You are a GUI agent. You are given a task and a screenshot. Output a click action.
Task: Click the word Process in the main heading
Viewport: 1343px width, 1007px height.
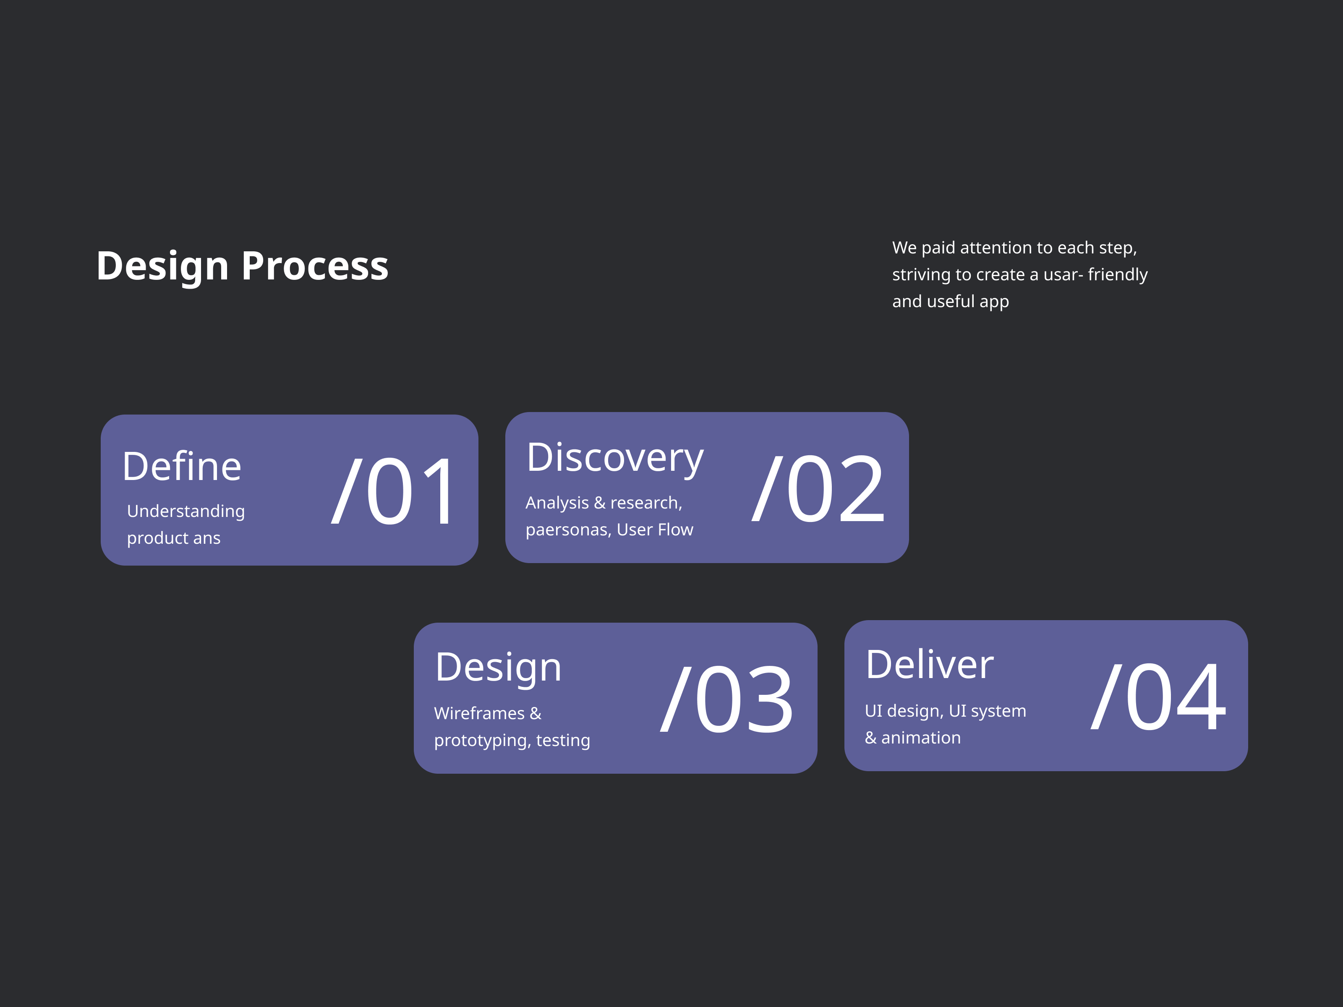coord(315,266)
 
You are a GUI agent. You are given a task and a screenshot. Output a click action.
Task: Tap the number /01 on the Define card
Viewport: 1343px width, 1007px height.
coord(393,490)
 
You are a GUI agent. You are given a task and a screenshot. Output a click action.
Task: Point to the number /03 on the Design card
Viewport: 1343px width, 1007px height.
coord(727,699)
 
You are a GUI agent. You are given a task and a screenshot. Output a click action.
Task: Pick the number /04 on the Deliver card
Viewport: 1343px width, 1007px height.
coord(1158,696)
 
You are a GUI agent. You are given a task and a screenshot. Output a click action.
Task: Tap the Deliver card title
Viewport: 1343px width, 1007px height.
coord(930,664)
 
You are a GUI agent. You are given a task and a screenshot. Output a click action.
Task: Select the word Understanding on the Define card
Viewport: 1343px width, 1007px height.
coord(186,511)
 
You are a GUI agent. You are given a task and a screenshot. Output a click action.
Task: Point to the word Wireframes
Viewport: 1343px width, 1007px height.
coord(479,713)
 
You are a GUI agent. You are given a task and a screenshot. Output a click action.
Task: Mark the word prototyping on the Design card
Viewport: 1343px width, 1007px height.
coord(483,741)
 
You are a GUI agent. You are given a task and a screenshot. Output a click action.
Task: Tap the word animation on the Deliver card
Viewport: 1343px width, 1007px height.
coord(921,738)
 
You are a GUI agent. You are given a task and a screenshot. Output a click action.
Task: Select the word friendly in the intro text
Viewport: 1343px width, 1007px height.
coord(1118,275)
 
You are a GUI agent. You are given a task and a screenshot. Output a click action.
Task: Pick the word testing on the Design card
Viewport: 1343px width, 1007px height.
coord(563,741)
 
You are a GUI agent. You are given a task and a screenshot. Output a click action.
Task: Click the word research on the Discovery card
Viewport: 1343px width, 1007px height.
coord(646,503)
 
